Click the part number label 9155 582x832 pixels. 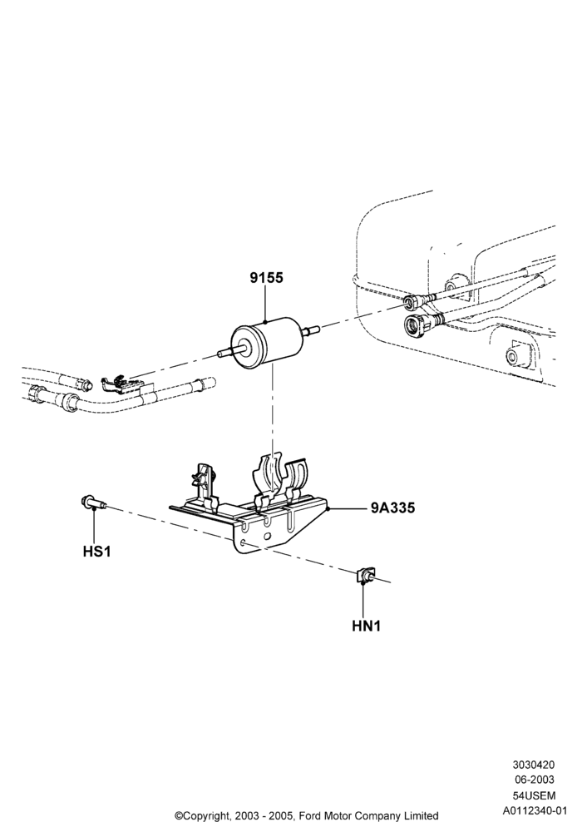point(266,278)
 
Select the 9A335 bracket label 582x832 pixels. point(392,508)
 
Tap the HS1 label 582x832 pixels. point(96,552)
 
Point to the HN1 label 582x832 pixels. point(367,626)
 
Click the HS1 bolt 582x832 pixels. point(94,502)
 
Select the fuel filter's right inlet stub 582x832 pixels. point(310,330)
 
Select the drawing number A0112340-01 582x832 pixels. point(535,810)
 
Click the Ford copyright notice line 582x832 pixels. point(307,815)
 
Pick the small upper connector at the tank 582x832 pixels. point(416,301)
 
